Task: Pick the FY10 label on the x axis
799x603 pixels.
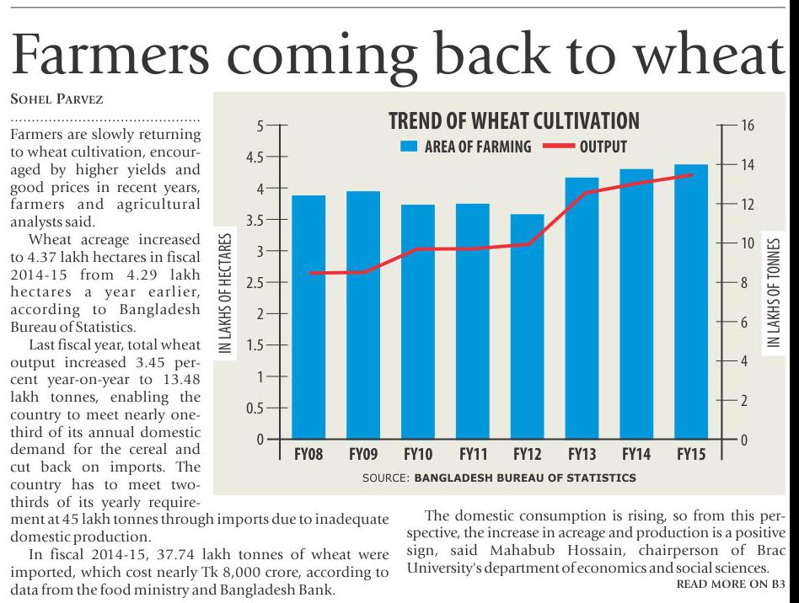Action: point(418,456)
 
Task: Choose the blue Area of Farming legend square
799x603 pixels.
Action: point(409,147)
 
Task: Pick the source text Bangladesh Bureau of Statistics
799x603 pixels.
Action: point(525,478)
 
